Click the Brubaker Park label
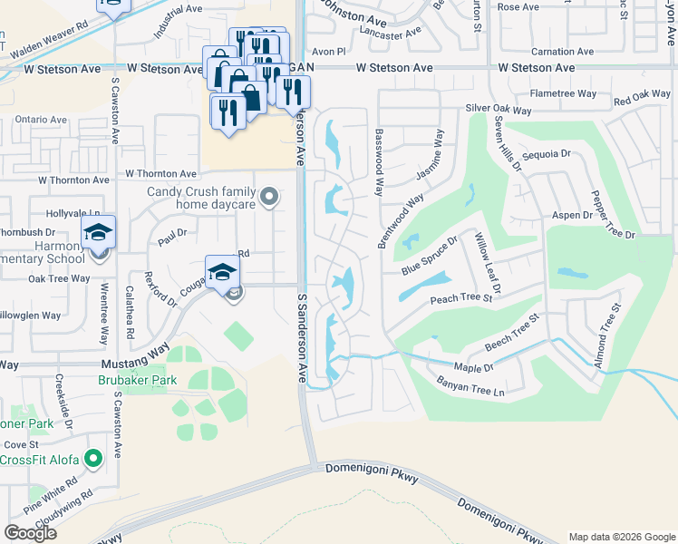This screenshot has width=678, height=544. tap(138, 381)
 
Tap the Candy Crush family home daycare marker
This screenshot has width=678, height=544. tap(268, 196)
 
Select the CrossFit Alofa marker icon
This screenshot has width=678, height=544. tap(92, 461)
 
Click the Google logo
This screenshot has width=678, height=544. tap(30, 533)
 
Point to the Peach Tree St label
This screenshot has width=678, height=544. tap(460, 297)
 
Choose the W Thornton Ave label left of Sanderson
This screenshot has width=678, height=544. tap(161, 173)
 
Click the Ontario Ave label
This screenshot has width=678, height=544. tap(41, 120)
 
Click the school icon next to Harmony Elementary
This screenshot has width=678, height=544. tap(98, 233)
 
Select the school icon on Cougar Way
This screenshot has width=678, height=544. tap(222, 270)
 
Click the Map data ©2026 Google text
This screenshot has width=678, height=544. tap(622, 537)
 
